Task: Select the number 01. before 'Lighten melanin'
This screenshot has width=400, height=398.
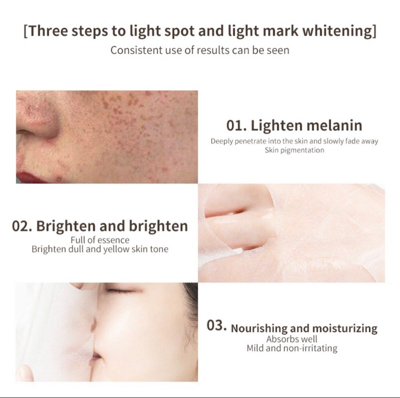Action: [237, 125]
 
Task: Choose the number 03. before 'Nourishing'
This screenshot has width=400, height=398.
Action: [216, 326]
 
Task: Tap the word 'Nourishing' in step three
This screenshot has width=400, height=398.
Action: [259, 328]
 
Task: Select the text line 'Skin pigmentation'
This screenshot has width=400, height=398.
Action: [294, 150]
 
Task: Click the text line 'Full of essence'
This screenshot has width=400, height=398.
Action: [100, 240]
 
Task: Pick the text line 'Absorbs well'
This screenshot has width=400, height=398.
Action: [292, 339]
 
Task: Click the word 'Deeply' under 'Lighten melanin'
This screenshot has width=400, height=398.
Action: [222, 141]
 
